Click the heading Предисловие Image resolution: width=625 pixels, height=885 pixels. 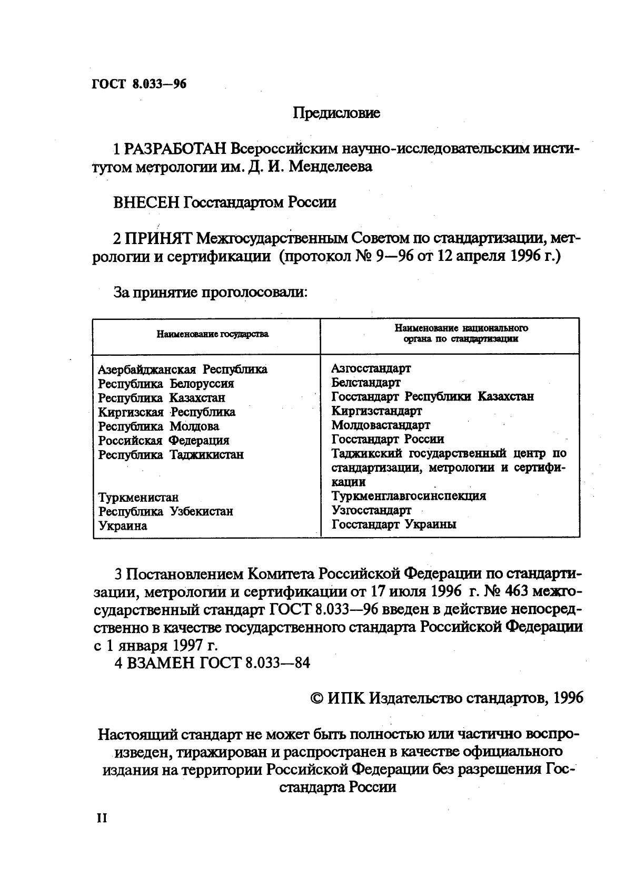(336, 113)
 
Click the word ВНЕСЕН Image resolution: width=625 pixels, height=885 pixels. (147, 202)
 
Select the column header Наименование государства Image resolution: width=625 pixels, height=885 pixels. (212, 334)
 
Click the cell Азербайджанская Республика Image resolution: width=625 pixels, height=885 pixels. (183, 369)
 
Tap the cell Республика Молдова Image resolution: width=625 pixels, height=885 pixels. (158, 426)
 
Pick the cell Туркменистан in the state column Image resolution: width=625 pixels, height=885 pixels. (138, 498)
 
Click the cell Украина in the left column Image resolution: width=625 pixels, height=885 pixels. (123, 526)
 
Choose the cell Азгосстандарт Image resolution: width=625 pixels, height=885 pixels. (371, 368)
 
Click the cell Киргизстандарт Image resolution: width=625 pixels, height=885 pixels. (376, 411)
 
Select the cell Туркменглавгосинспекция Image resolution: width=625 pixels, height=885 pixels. (409, 496)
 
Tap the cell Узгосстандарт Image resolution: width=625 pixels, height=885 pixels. (371, 510)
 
